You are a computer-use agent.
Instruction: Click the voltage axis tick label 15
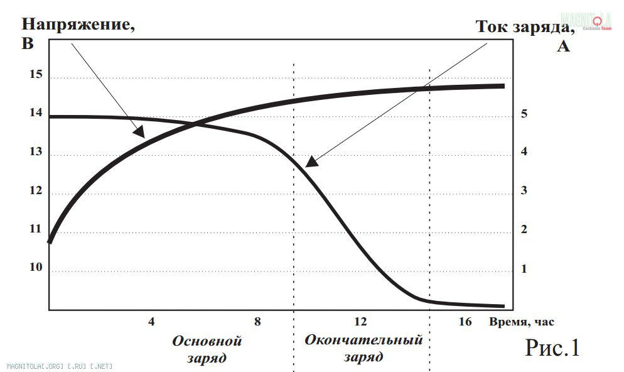pos(35,75)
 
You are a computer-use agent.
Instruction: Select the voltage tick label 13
pos(35,152)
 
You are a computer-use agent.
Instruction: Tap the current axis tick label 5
pos(523,114)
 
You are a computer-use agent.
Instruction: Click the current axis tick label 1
pos(523,269)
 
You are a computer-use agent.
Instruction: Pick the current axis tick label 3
pos(523,191)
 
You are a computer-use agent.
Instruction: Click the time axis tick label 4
pos(151,322)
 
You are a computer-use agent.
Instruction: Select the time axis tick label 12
pos(360,322)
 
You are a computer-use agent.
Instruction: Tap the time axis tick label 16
pos(465,322)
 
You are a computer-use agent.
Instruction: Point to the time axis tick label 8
pos(257,322)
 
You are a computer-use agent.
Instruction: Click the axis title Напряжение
pos(78,26)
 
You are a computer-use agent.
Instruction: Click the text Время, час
pos(523,322)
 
